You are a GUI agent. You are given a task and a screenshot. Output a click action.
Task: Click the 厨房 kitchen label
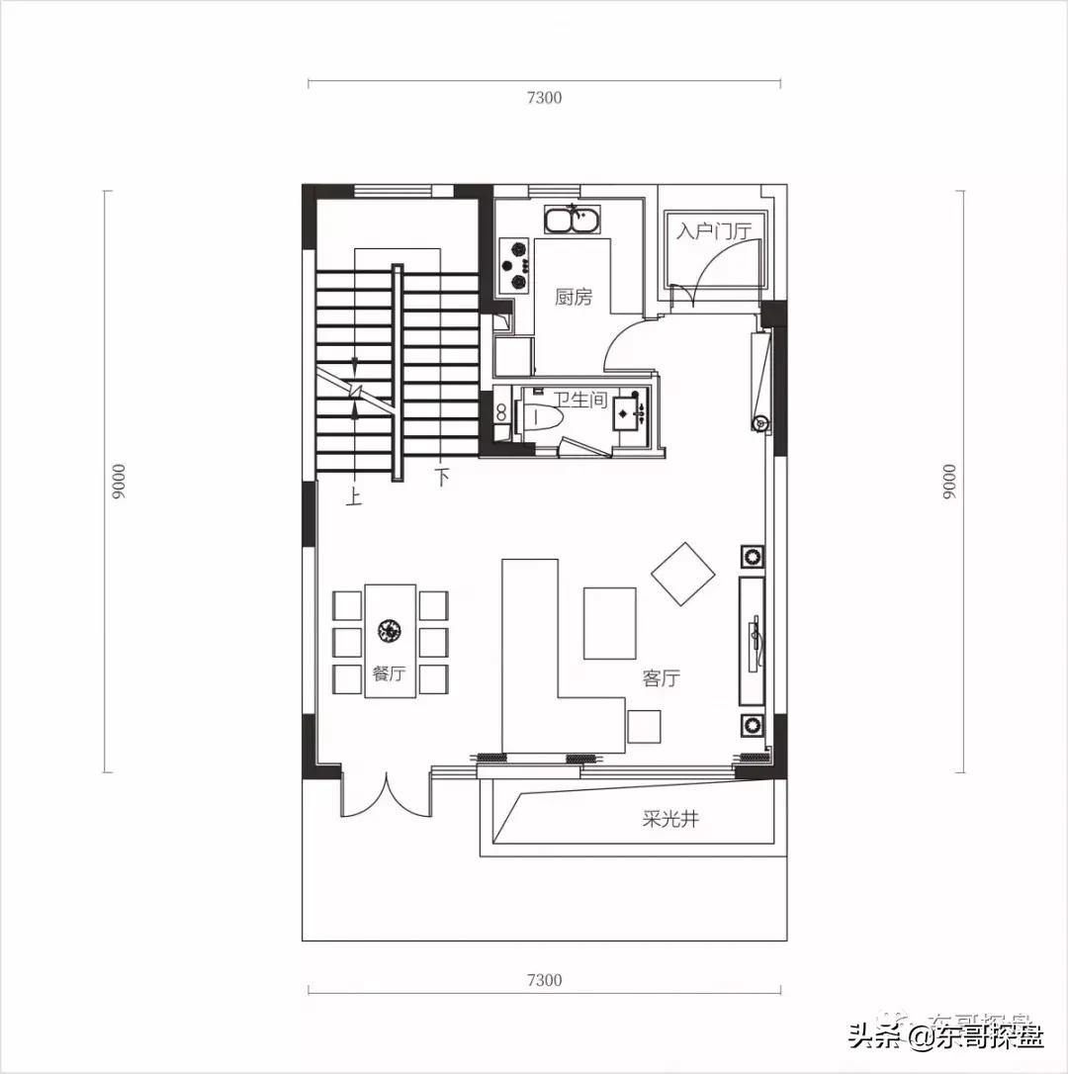click(x=574, y=297)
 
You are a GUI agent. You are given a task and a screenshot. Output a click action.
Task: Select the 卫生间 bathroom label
click(x=579, y=400)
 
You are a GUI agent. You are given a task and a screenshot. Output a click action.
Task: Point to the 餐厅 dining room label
click(x=389, y=673)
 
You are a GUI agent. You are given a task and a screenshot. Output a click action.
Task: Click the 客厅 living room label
click(x=661, y=678)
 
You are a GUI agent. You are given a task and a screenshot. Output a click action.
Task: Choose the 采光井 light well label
click(x=670, y=819)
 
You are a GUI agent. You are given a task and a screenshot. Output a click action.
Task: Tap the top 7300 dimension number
click(x=544, y=97)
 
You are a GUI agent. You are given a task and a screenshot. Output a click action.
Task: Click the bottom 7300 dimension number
click(x=544, y=980)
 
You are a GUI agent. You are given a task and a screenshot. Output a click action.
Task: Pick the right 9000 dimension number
click(x=949, y=482)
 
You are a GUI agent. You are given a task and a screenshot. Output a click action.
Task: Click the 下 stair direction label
click(x=441, y=479)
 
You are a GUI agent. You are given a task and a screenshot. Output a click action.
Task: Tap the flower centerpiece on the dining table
click(x=389, y=629)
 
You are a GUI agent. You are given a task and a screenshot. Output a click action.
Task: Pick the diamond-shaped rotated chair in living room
click(x=683, y=573)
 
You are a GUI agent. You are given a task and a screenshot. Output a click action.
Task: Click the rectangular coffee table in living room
click(x=609, y=623)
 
